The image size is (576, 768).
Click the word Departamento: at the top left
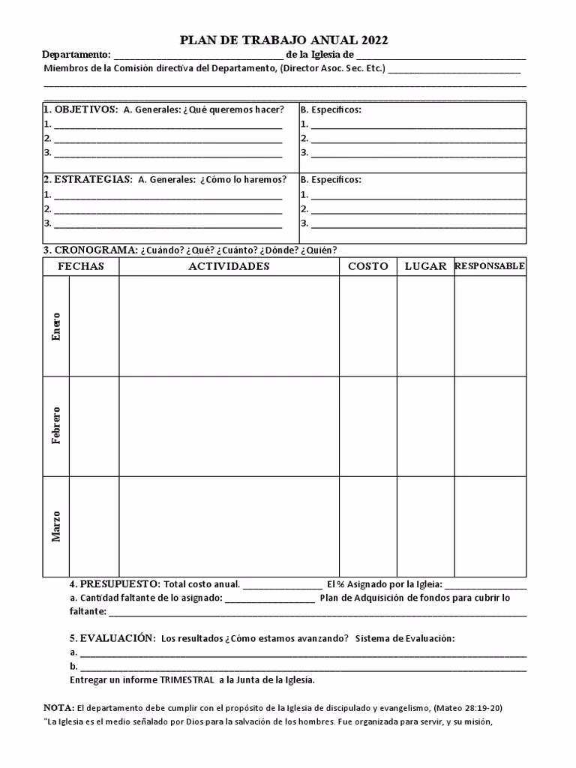click(76, 55)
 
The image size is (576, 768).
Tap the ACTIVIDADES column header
click(229, 266)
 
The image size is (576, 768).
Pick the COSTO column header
click(368, 266)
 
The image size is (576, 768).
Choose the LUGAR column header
click(425, 266)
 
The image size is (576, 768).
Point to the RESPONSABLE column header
click(490, 266)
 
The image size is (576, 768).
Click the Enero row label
click(56, 326)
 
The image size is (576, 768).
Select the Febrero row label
click(56, 425)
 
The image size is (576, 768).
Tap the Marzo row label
click(56, 526)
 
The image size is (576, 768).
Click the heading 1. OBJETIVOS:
click(80, 109)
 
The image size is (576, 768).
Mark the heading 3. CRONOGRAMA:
click(90, 250)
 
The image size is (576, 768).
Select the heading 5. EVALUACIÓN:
click(112, 638)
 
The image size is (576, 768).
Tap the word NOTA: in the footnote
click(58, 708)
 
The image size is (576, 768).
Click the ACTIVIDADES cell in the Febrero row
click(229, 426)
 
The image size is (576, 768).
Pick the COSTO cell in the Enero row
click(368, 326)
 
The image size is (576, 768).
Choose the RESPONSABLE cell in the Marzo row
click(490, 526)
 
